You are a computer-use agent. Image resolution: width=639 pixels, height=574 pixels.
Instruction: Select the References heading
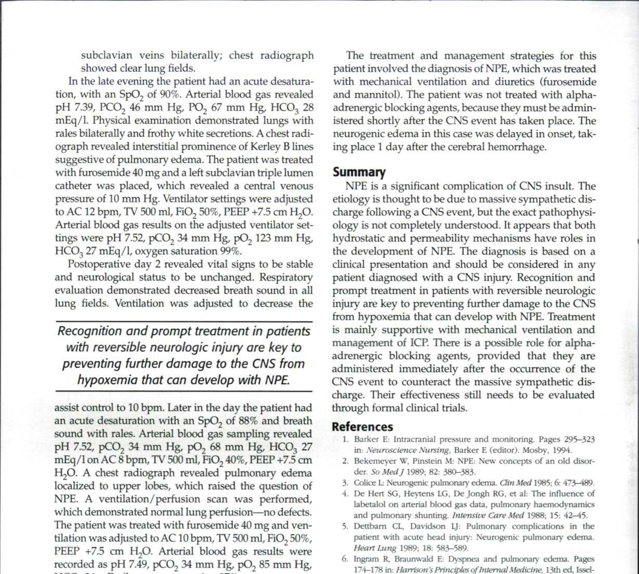click(362, 427)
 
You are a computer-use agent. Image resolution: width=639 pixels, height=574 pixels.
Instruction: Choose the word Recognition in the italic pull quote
click(89, 331)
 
